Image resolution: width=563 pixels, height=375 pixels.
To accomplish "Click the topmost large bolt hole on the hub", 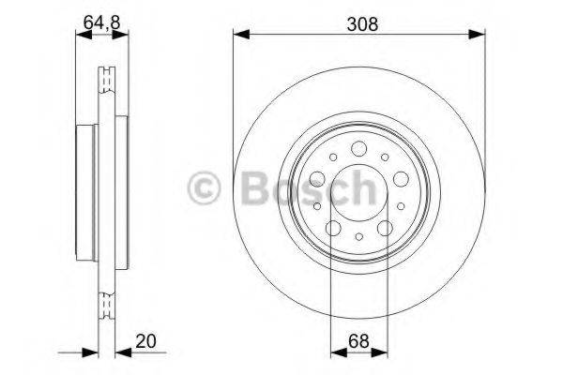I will tap(360, 148).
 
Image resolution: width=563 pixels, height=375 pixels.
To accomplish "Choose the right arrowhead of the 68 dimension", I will tap(384, 354).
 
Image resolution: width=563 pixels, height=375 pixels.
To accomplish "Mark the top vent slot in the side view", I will tap(106, 74).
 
